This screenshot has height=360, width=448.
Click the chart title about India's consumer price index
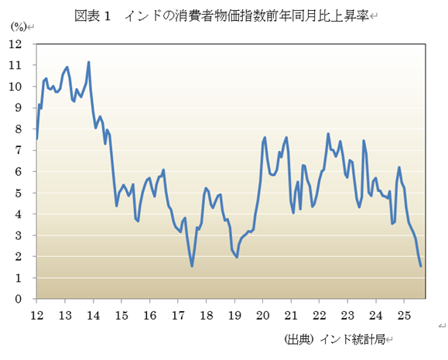pyautogui.click(x=222, y=15)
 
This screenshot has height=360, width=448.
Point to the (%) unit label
pyautogui.click(x=17, y=28)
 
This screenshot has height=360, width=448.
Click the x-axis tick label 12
pyautogui.click(x=36, y=315)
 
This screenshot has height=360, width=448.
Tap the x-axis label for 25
pyautogui.click(x=402, y=315)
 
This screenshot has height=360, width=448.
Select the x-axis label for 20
pyautogui.click(x=262, y=315)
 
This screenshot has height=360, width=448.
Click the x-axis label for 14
pyautogui.click(x=93, y=315)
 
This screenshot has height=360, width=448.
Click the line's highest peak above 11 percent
pyautogui.click(x=89, y=62)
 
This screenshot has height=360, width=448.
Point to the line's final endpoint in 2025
pyautogui.click(x=420, y=266)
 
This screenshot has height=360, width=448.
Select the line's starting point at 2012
pyautogui.click(x=36, y=139)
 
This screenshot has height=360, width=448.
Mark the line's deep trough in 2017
pyautogui.click(x=192, y=266)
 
